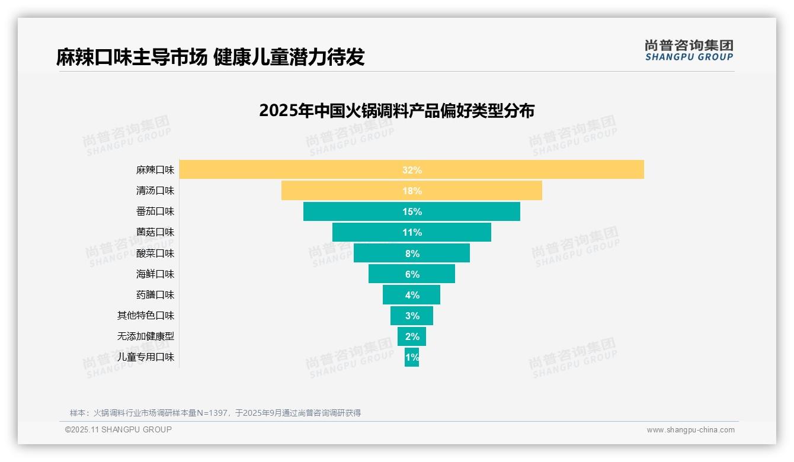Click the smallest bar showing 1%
click(412, 357)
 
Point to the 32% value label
click(412, 170)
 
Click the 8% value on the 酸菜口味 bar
click(412, 254)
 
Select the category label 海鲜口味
click(155, 274)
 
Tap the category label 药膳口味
click(155, 294)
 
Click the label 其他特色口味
click(146, 315)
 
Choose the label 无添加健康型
click(146, 336)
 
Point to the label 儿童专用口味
click(146, 357)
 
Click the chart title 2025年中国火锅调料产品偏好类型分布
click(396, 111)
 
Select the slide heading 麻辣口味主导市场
click(132, 57)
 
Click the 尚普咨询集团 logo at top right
click(689, 50)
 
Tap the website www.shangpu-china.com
click(690, 430)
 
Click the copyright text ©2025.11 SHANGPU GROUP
click(119, 429)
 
